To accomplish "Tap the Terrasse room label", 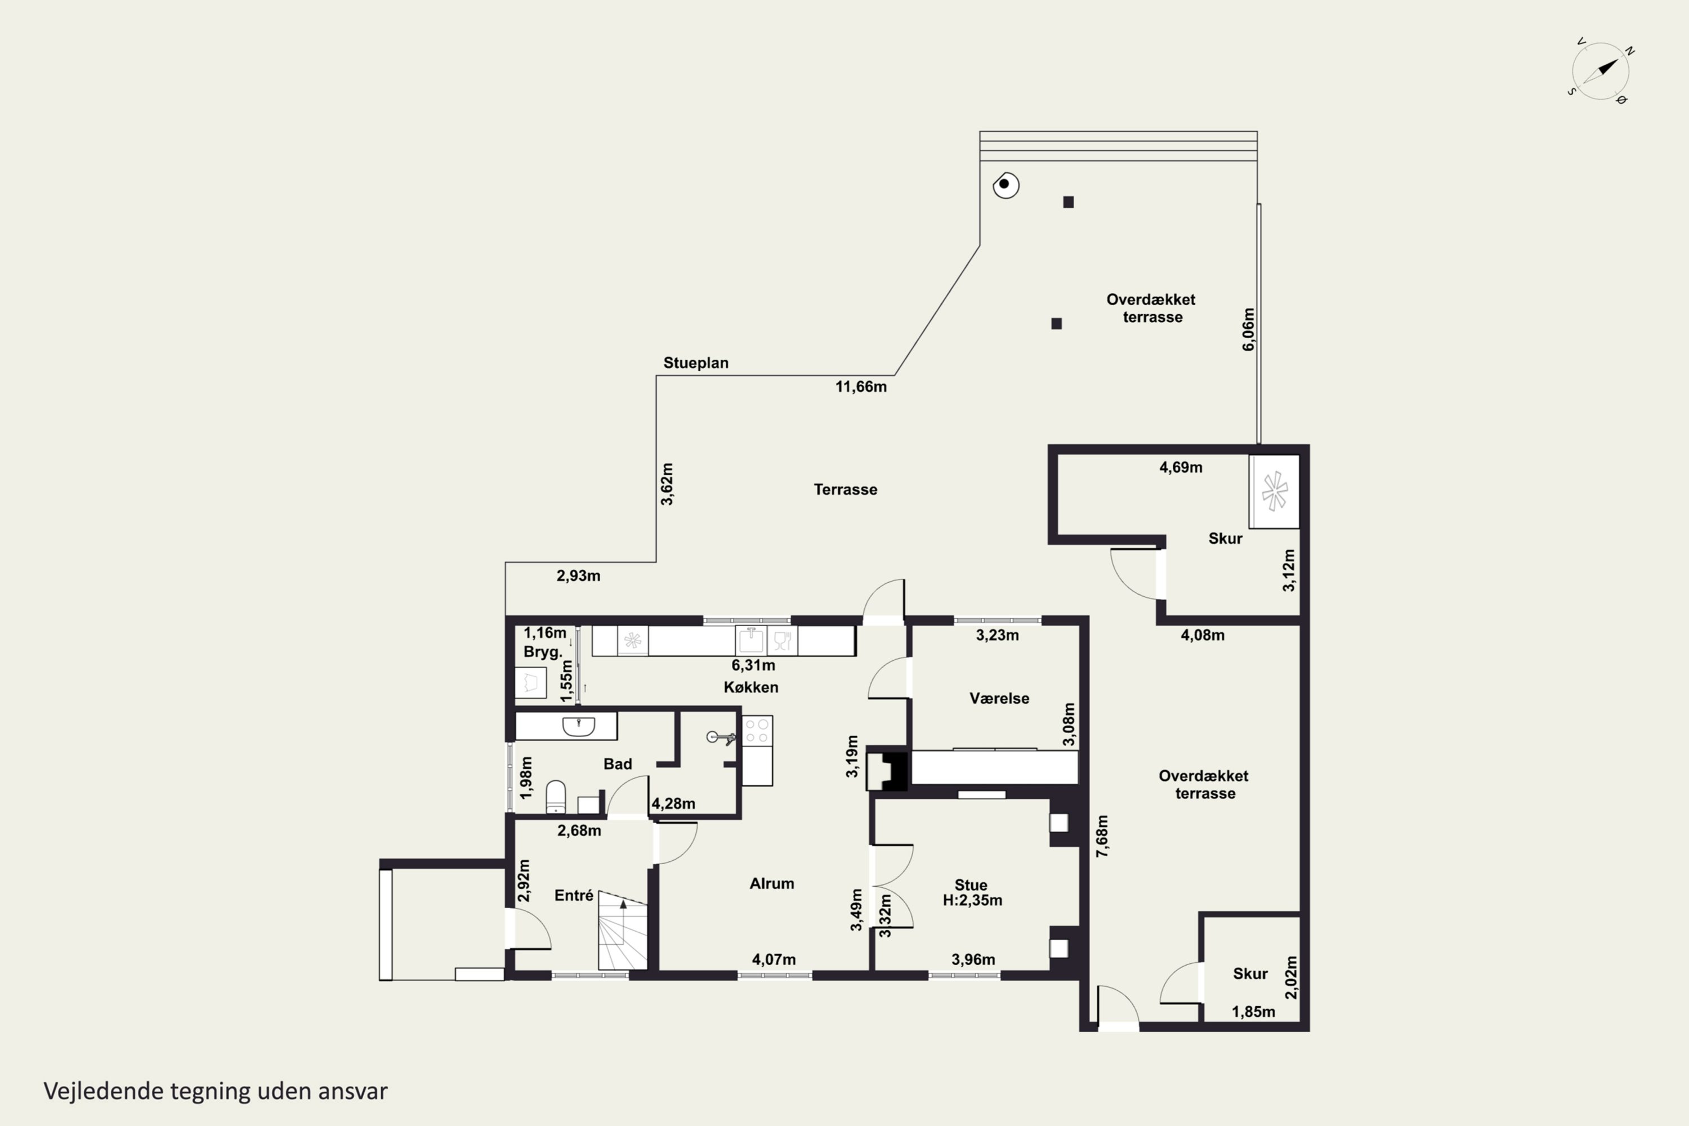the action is click(845, 490).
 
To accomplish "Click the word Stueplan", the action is click(696, 363).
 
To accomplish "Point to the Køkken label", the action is click(751, 687).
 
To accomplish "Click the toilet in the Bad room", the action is click(556, 797).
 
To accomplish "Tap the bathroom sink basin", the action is click(579, 726).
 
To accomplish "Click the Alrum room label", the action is click(772, 883).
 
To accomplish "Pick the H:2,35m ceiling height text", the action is click(972, 900).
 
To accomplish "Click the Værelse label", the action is click(999, 698).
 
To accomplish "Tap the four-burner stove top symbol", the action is click(757, 731).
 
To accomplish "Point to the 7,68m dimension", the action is click(1102, 836).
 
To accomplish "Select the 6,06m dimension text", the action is click(1249, 329).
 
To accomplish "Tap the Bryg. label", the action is click(542, 652).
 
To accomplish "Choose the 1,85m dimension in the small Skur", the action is click(1254, 1012).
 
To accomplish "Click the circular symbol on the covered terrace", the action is click(1006, 185).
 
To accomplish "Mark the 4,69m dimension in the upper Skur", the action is click(1181, 467).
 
